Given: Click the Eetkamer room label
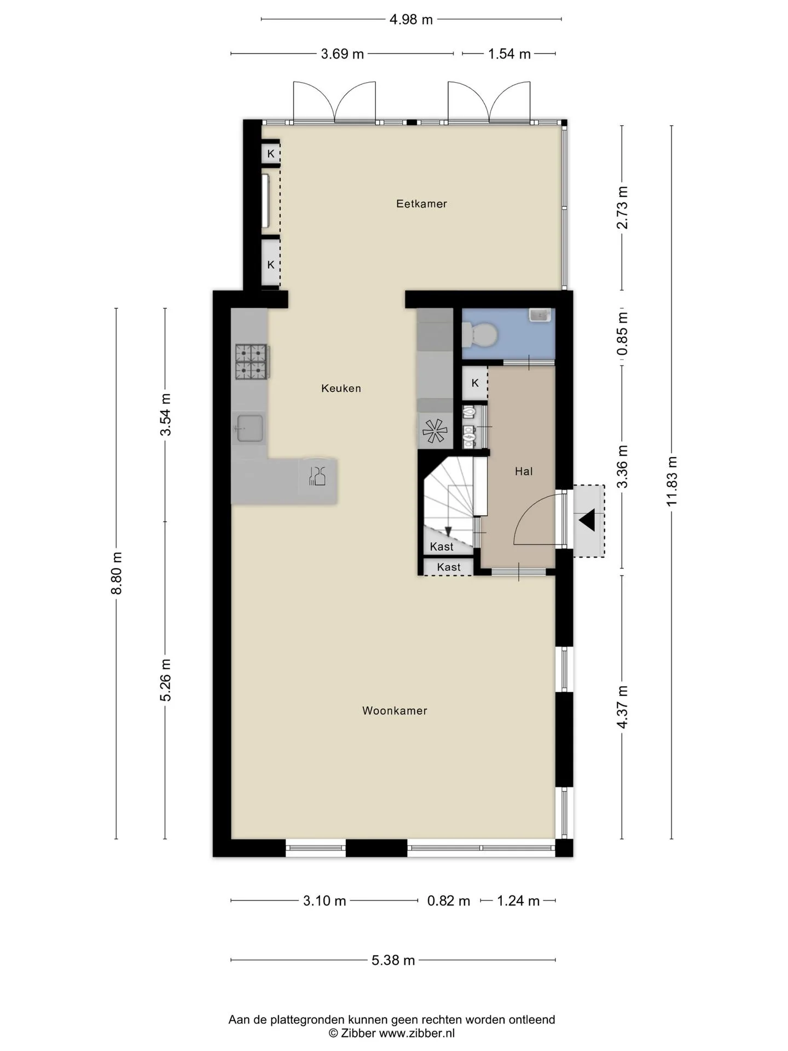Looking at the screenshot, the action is pyautogui.click(x=421, y=204).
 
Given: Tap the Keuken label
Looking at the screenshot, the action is pyautogui.click(x=341, y=388).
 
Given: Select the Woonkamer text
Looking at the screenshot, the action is pyautogui.click(x=395, y=711).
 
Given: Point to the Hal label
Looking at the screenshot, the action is pyautogui.click(x=524, y=471).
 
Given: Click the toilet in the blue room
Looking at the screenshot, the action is pyautogui.click(x=479, y=333).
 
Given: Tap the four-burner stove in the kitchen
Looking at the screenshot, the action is pyautogui.click(x=251, y=361).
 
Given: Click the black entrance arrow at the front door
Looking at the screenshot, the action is pyautogui.click(x=587, y=519).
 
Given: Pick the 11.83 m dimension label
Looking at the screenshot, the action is pyautogui.click(x=672, y=481).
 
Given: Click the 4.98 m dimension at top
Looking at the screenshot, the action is pyautogui.click(x=411, y=20).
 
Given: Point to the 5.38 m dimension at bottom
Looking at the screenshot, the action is pyautogui.click(x=393, y=960).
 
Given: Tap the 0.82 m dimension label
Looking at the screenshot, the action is pyautogui.click(x=449, y=901).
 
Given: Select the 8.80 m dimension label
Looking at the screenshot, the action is pyautogui.click(x=116, y=573).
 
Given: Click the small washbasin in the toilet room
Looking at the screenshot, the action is pyautogui.click(x=540, y=315).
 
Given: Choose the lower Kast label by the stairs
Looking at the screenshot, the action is pyautogui.click(x=449, y=567).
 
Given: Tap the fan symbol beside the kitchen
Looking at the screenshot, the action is pyautogui.click(x=436, y=430).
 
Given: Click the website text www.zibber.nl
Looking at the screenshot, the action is pyautogui.click(x=417, y=1033).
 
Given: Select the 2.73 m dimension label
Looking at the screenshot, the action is pyautogui.click(x=622, y=207).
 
